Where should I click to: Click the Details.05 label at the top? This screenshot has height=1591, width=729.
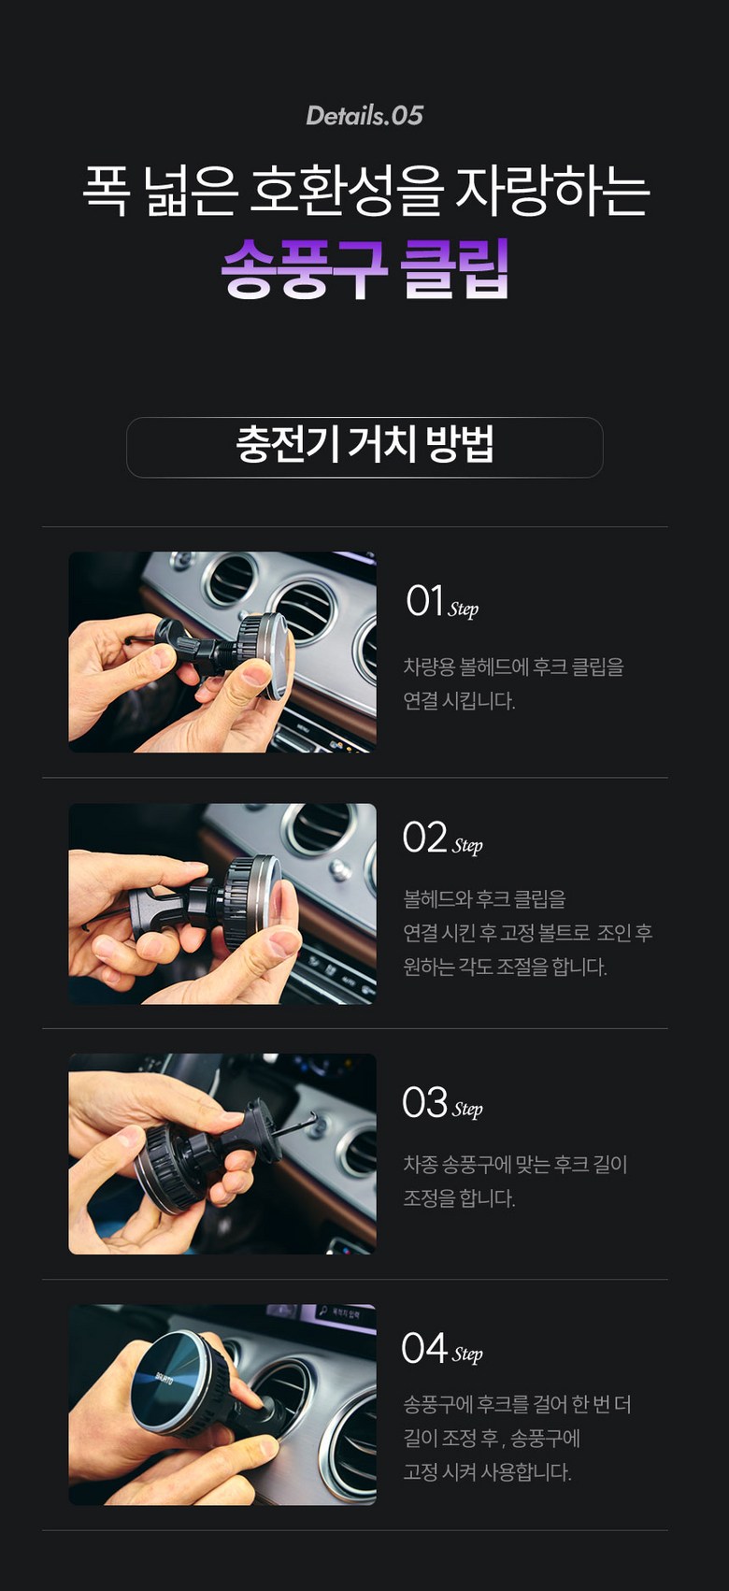364,116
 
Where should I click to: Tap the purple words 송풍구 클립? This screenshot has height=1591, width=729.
364,268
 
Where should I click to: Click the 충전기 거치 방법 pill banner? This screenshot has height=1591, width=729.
364,447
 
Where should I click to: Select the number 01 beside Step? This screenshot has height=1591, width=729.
424,601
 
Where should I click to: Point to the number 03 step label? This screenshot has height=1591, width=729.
424,1101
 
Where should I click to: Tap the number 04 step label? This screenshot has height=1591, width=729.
424,1347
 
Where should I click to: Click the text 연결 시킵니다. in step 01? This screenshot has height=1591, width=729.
459,701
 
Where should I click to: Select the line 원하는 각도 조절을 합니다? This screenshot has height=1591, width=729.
505,967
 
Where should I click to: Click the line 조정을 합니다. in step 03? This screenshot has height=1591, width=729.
459,1198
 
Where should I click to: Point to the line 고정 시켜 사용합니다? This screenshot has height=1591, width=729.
487,1471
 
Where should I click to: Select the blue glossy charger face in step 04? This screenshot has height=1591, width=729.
170,1379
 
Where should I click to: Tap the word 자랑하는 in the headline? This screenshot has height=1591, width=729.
552,192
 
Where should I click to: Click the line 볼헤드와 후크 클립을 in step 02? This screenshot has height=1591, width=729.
485,899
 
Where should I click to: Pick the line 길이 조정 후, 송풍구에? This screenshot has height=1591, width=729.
492,1439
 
